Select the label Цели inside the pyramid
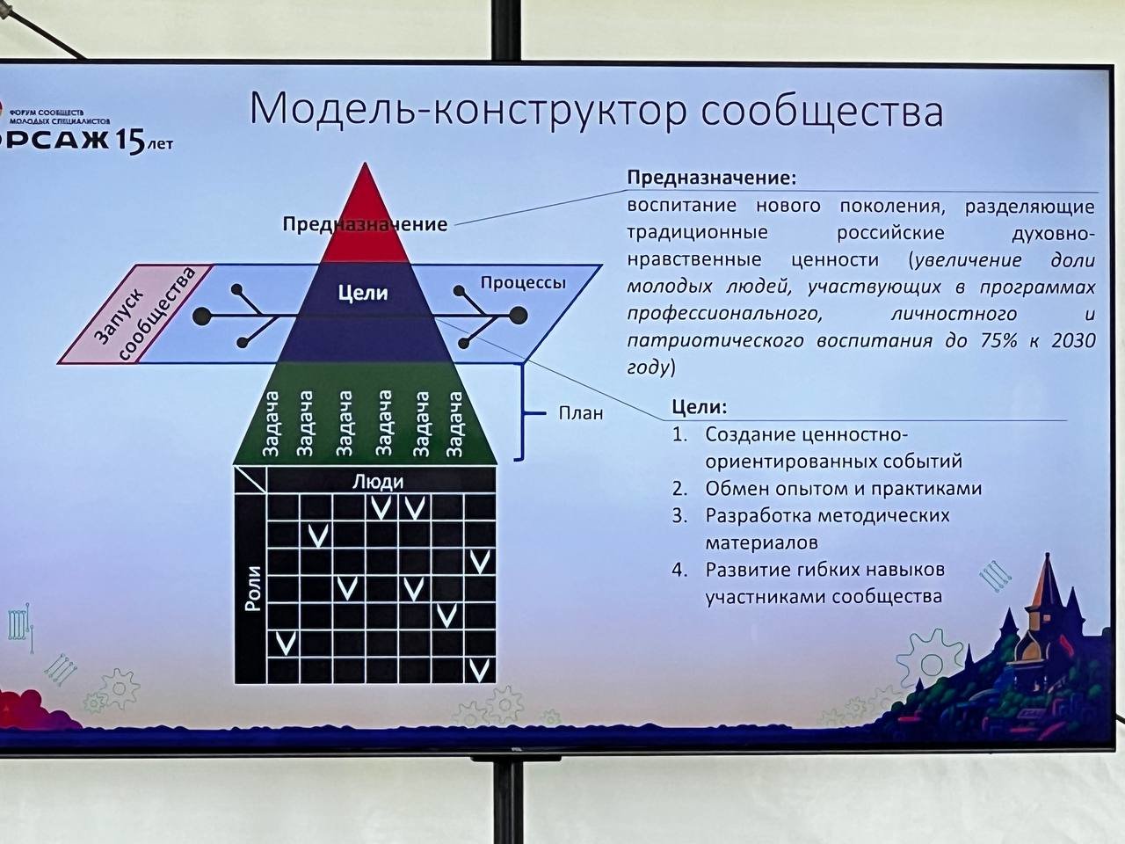pos(363,293)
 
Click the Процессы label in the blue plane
pos(523,283)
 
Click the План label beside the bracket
pos(580,412)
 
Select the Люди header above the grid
pos(377,481)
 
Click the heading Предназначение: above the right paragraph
pos(711,178)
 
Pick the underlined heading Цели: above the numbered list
pos(700,407)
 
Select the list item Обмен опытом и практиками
pos(843,489)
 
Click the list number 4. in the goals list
pos(679,570)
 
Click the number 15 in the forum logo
pos(129,141)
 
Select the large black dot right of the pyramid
pos(518,315)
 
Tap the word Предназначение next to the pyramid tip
pos(365,224)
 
